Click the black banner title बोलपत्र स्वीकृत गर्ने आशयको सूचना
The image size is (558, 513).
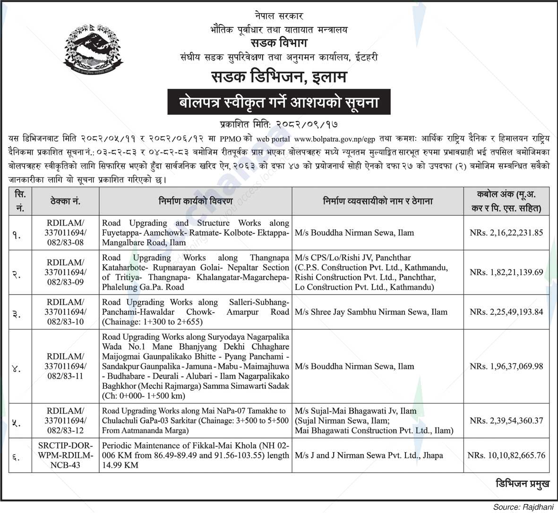[x=279, y=102]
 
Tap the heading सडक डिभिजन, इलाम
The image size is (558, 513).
[x=279, y=76]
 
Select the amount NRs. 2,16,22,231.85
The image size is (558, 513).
[x=506, y=233]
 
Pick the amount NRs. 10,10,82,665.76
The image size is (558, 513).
[x=506, y=455]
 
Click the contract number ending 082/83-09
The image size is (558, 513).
[x=66, y=272]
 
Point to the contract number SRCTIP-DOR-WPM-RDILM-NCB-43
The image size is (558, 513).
[x=66, y=455]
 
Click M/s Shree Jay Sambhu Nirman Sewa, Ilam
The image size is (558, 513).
[x=370, y=312]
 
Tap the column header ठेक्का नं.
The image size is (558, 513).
[x=66, y=201]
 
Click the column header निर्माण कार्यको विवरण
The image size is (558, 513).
[x=196, y=201]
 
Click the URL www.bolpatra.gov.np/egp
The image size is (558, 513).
[x=334, y=139]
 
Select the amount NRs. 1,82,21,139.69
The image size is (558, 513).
[x=506, y=272]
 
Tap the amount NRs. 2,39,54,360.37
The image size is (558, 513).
[x=506, y=421]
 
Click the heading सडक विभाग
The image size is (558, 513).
[x=279, y=43]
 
